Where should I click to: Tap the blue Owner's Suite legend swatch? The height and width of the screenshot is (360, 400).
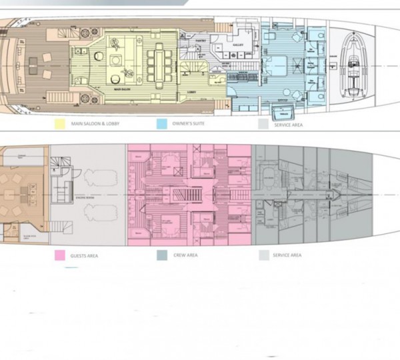tap(162, 124)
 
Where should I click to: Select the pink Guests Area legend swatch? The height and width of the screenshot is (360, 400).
tap(59, 254)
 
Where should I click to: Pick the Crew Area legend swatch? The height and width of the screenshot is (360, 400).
tap(162, 254)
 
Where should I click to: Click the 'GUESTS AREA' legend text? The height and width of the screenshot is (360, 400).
tap(85, 255)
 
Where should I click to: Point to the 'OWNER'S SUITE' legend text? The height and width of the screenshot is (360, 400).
tap(189, 124)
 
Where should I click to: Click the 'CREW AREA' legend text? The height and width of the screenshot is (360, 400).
tap(183, 255)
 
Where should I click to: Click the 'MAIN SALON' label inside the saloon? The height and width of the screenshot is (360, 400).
tap(121, 88)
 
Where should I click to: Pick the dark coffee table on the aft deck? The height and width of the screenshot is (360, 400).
tap(33, 64)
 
